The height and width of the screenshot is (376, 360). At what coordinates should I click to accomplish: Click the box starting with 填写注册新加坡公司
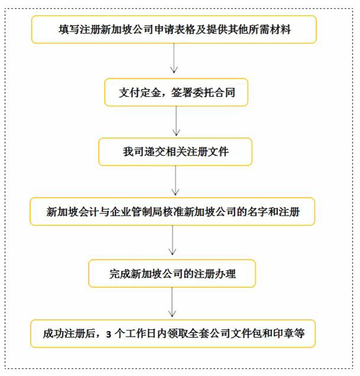pos(174,30)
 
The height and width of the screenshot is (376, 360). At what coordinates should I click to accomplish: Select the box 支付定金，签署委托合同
pos(176,92)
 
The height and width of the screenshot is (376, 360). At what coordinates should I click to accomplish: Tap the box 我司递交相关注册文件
pos(175,152)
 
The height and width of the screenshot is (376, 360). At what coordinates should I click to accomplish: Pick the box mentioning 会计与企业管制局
pos(172,212)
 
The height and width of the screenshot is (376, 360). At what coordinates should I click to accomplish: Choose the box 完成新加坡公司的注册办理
pos(172,274)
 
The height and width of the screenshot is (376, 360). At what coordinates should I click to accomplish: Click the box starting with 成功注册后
pos(173,334)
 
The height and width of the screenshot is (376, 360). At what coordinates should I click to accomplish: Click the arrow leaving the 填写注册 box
pos(174,58)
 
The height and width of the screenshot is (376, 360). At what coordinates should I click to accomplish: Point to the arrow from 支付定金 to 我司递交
pos(177,121)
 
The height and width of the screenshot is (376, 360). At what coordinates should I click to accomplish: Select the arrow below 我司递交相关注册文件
pos(177,181)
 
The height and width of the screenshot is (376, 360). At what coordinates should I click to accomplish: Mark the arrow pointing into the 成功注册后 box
pos(172,303)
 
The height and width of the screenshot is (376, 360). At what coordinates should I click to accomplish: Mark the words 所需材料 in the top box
pos(268,30)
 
